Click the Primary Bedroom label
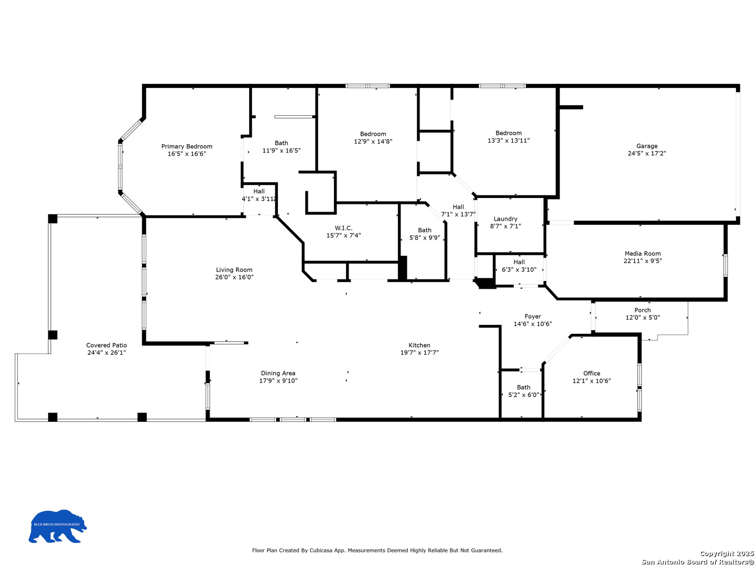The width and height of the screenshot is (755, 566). coord(187,146)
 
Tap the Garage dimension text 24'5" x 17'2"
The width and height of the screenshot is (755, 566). coord(646,153)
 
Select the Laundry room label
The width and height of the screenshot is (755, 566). coord(505,219)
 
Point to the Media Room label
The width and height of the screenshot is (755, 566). coord(642,254)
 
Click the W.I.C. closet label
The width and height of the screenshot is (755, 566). coord(343,228)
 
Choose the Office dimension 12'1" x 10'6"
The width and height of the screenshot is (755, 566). coord(591,381)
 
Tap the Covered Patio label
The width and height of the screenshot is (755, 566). coord(106,345)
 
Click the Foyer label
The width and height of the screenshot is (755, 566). coord(533,317)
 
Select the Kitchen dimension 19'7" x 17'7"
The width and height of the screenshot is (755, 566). coord(419,353)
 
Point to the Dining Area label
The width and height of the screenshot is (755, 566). coord(278,373)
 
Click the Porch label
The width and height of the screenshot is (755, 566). coord(642,310)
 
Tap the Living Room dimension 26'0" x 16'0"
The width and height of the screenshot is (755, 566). coord(234,277)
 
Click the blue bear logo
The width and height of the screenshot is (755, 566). coord(58,526)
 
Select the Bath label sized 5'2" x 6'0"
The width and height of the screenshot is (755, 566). coord(523,387)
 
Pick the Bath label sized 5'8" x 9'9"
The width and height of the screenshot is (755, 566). coord(425,230)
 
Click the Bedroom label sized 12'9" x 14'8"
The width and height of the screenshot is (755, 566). coord(373,134)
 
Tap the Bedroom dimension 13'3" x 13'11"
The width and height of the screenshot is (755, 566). coord(509,140)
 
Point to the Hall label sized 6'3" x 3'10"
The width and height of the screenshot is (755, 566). coord(519,262)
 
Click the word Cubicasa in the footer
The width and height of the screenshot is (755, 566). coord(321,550)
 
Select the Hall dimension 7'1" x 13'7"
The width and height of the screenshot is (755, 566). coord(458,214)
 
